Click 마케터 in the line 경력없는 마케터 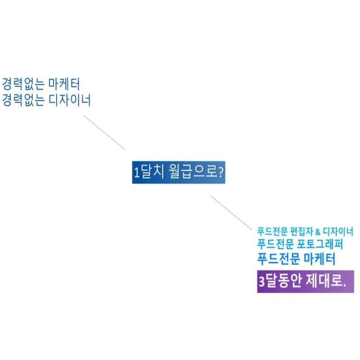[64, 84]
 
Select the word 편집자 [301, 231]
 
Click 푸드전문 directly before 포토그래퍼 [276, 244]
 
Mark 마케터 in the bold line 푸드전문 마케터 [320, 259]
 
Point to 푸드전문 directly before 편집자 [273, 231]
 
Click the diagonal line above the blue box [104, 132]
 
